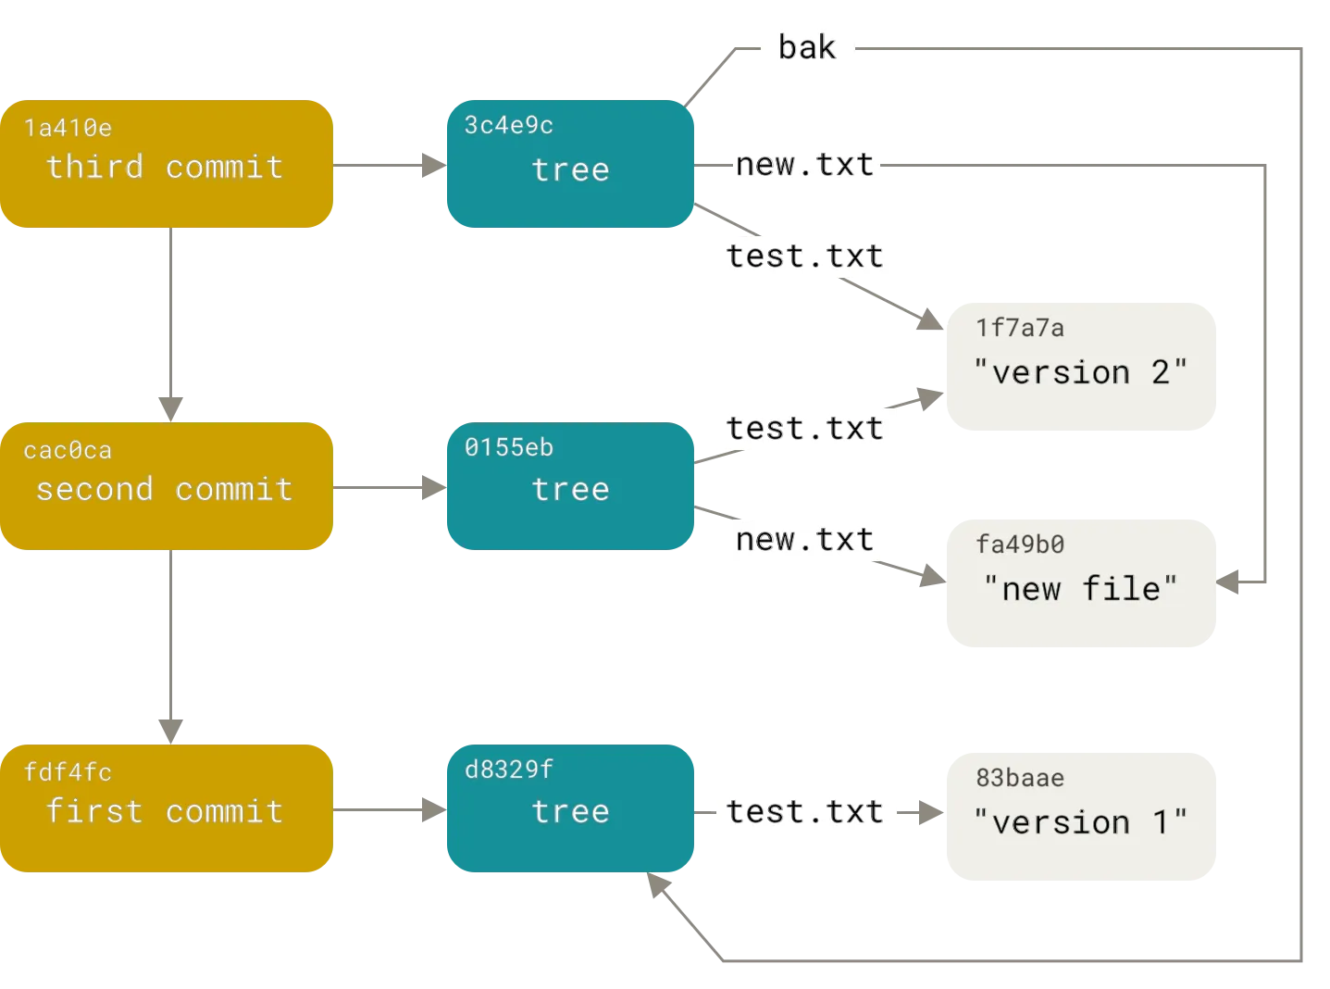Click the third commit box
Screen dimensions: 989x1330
(167, 164)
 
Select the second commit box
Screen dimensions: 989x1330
(167, 488)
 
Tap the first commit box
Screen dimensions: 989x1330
(167, 808)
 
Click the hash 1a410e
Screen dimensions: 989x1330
(68, 128)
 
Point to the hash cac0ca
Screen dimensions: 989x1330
(68, 451)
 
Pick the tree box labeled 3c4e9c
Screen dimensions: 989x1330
(569, 164)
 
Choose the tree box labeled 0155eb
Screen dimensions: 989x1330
(569, 488)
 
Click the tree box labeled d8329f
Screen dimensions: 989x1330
(569, 808)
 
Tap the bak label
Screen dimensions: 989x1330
(806, 47)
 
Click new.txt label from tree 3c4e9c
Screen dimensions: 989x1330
(805, 166)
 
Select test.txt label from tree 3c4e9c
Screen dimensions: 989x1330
(805, 256)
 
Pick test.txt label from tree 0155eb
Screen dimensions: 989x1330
(805, 428)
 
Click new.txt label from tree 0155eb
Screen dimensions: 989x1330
(805, 539)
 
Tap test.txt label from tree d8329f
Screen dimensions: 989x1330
(805, 811)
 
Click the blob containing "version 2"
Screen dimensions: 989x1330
(1080, 367)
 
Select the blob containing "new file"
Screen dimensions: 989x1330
(1080, 585)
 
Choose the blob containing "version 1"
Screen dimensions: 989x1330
(1080, 815)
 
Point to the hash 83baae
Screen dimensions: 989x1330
(1020, 778)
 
